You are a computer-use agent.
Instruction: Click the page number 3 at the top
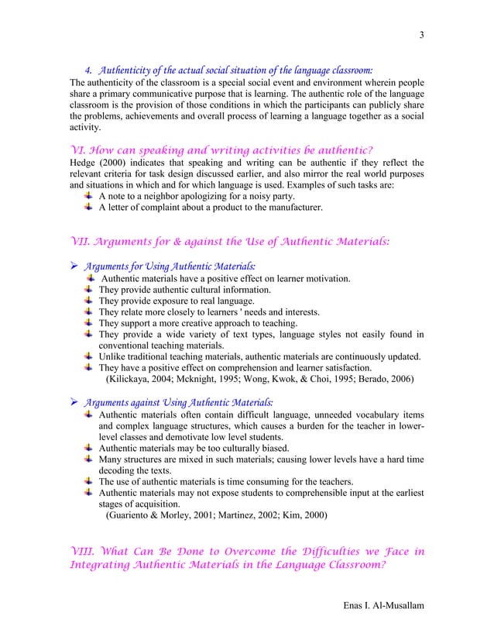click(x=422, y=35)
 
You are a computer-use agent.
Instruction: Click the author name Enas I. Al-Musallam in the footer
click(x=383, y=604)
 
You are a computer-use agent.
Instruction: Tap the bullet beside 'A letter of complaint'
click(x=89, y=208)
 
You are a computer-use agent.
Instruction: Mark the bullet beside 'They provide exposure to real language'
click(x=89, y=301)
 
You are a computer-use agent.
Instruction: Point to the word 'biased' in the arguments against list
click(x=271, y=448)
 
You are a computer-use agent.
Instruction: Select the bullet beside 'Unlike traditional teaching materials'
click(x=89, y=356)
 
